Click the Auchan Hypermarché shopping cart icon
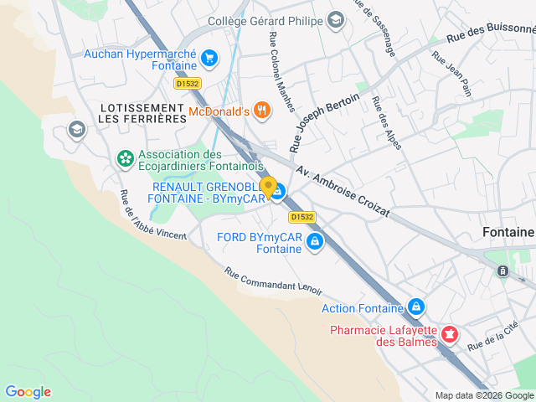pyautogui.click(x=209, y=58)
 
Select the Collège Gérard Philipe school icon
pyautogui.click(x=336, y=20)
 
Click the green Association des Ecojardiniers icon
pyautogui.click(x=125, y=157)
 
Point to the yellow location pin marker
pyautogui.click(x=268, y=187)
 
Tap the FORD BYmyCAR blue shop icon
pyautogui.click(x=315, y=243)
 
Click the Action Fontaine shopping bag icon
pyautogui.click(x=415, y=308)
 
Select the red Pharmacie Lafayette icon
pyautogui.click(x=450, y=335)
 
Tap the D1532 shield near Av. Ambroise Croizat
pyautogui.click(x=303, y=217)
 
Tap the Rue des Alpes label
pyautogui.click(x=386, y=124)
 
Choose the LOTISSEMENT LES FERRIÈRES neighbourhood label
pyautogui.click(x=142, y=114)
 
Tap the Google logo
pyautogui.click(x=28, y=392)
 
